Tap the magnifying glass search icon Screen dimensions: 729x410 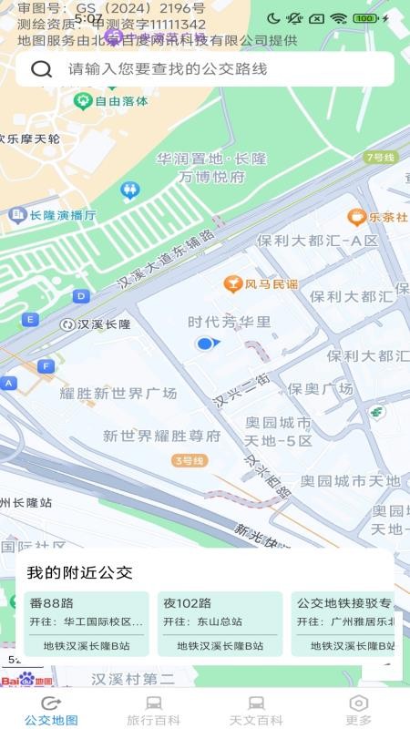41,69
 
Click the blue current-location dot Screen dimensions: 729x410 205,343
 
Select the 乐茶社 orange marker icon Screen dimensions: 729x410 356,217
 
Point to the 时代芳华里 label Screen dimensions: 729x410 229,322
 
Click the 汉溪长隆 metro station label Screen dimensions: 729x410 103,324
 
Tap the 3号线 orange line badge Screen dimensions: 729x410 189,460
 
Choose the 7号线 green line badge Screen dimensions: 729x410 380,157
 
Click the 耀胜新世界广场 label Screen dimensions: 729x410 118,393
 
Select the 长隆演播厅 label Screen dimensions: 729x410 62,215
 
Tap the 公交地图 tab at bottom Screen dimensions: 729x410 51,710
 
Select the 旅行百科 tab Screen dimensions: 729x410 153,710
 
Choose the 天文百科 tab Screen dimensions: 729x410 256,710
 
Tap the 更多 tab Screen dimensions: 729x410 358,710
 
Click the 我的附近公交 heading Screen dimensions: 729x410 79,572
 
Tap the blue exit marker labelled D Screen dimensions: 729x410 81,295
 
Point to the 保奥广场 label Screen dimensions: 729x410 320,388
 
